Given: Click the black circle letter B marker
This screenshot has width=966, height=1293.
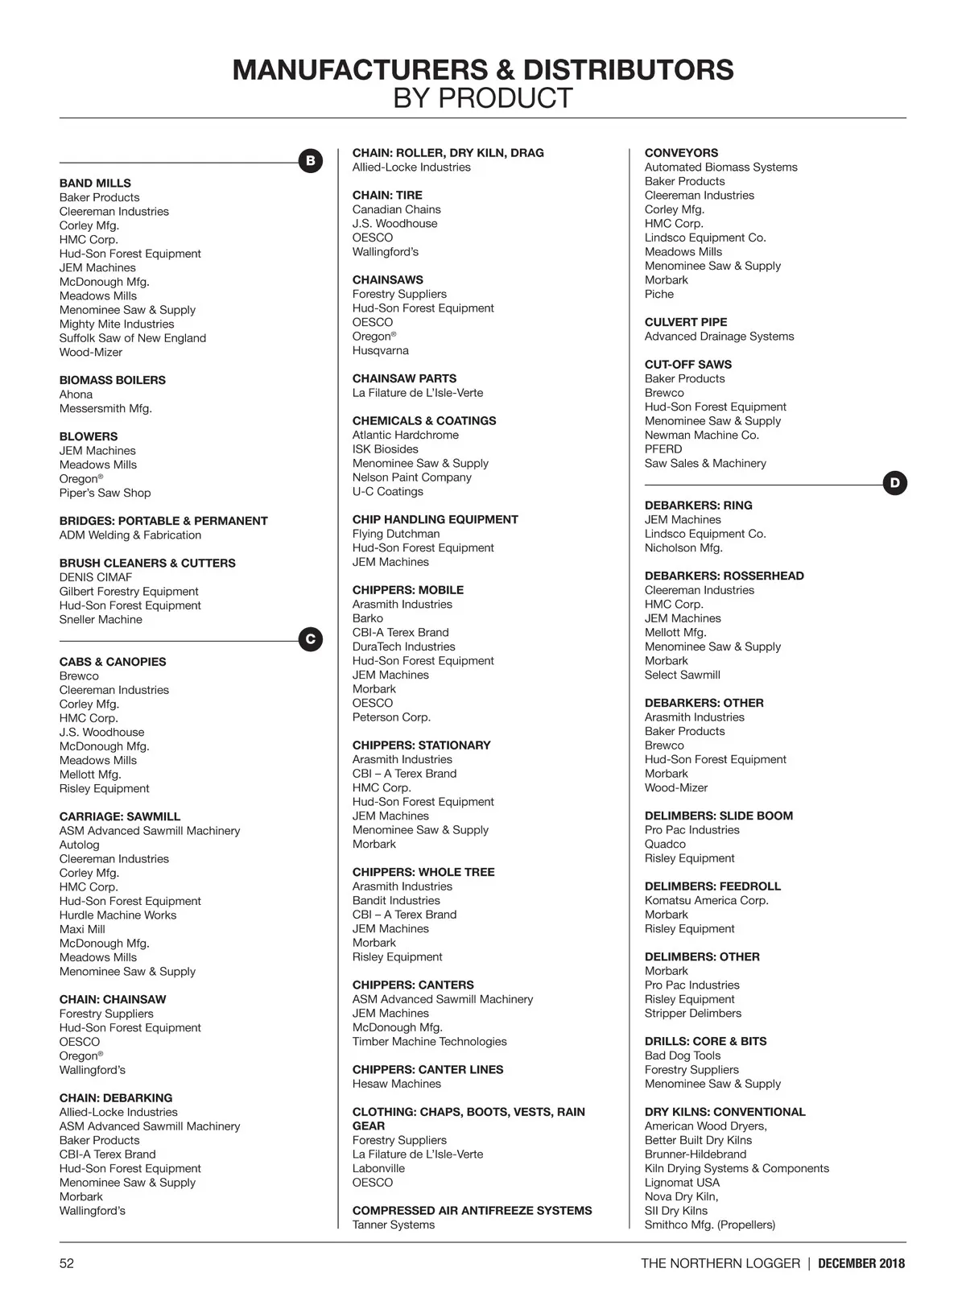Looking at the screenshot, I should (x=311, y=161).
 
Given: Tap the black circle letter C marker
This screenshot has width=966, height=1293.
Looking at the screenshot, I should (x=311, y=640).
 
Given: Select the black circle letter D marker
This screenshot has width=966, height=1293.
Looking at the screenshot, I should (x=895, y=484).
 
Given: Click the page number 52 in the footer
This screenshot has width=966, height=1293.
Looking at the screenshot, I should (x=67, y=1263).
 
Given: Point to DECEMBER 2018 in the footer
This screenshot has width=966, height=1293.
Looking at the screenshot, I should (x=861, y=1263).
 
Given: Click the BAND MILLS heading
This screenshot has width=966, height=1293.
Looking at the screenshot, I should (x=95, y=184).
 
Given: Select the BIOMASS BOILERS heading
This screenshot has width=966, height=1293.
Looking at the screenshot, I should (x=113, y=380).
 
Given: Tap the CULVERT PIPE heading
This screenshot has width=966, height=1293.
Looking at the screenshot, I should (x=686, y=322).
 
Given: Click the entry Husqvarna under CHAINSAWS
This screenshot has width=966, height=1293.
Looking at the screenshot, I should (x=381, y=350).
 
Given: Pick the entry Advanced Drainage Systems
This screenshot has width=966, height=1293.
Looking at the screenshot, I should (x=719, y=337).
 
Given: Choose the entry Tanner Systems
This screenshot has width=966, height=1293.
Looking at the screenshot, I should (x=394, y=1225).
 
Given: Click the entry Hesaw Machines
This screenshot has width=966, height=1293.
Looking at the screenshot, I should (x=398, y=1084).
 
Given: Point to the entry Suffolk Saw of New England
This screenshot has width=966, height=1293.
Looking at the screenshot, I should (x=133, y=338).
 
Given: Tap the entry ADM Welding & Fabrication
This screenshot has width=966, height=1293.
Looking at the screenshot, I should (x=130, y=535).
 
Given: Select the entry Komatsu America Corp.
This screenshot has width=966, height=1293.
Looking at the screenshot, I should (x=707, y=900).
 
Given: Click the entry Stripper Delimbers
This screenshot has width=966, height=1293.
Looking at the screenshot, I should (x=693, y=1013).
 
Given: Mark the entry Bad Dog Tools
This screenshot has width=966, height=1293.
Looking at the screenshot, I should (x=683, y=1055).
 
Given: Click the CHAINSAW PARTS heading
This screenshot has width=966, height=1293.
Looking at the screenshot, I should (x=404, y=378).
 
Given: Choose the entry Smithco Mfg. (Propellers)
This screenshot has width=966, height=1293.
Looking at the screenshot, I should (x=710, y=1225).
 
